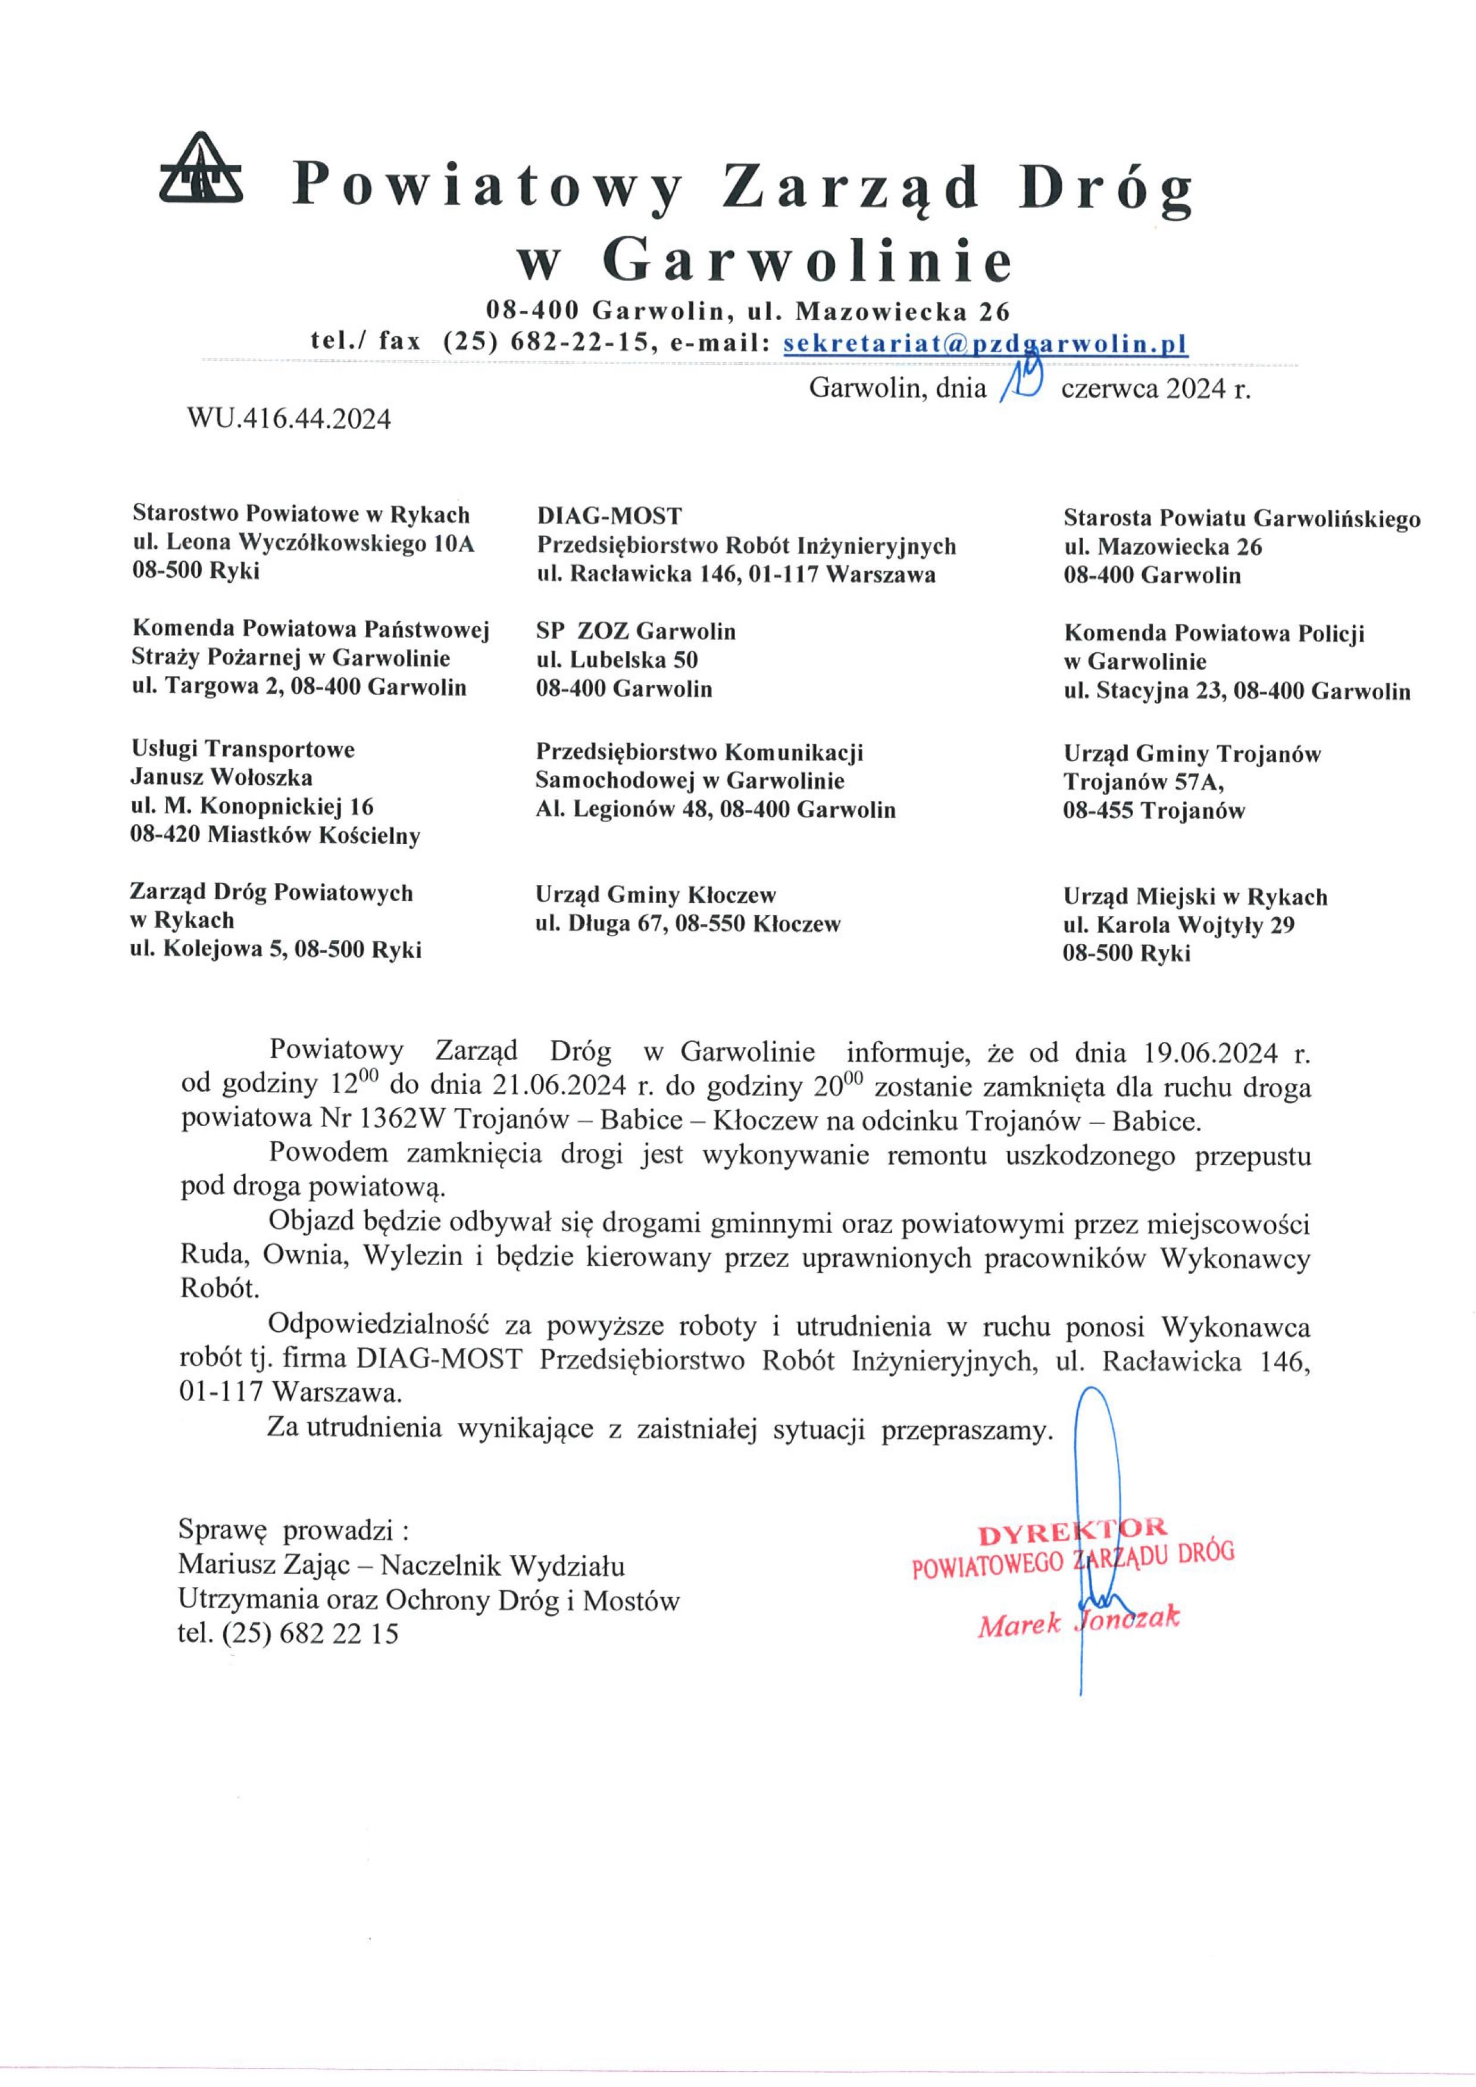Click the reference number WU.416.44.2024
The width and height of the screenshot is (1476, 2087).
click(x=289, y=419)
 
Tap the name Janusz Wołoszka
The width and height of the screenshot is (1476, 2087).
click(x=222, y=777)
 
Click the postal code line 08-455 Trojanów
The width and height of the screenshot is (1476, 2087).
click(x=1153, y=811)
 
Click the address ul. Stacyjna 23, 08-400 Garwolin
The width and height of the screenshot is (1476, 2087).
click(x=1237, y=692)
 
